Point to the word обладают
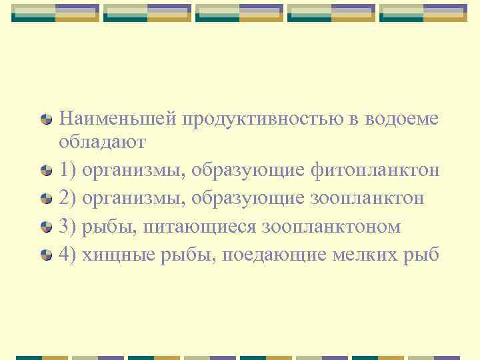pos(101,142)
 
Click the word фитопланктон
pos(375,170)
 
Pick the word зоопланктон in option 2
pos(367,198)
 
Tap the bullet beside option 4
pos(47,255)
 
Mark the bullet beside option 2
pos(47,199)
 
